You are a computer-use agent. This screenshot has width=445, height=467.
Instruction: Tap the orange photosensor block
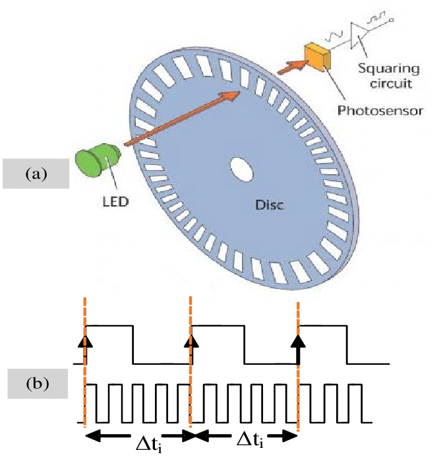click(x=316, y=55)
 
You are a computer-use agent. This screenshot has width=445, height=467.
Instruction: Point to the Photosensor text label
click(x=380, y=109)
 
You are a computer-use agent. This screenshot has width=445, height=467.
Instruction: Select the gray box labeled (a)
click(x=36, y=173)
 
